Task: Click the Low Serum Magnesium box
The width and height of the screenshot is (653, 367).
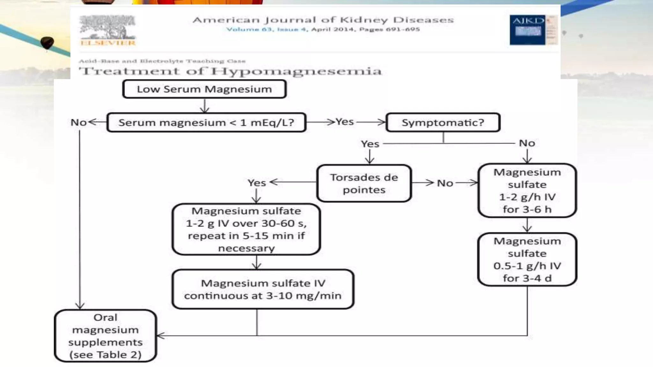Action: click(204, 89)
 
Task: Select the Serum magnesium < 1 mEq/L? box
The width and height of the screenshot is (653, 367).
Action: click(206, 122)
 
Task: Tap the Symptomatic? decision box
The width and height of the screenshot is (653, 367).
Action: click(443, 122)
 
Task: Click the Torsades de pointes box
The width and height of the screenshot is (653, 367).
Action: click(364, 183)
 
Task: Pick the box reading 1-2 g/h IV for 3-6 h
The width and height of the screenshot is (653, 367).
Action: click(527, 191)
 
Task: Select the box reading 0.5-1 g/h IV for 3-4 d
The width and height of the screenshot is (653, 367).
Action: click(527, 259)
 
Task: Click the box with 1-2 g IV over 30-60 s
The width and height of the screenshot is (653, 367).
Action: click(246, 229)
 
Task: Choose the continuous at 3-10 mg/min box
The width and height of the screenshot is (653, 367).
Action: click(263, 289)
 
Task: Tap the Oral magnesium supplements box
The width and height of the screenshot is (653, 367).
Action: click(106, 336)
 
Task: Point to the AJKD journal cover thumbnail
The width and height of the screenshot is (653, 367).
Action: click(533, 30)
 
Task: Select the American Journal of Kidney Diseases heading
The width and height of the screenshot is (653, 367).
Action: click(323, 20)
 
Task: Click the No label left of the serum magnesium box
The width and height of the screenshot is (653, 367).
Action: click(78, 122)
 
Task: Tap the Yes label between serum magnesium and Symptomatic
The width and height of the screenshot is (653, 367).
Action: click(345, 122)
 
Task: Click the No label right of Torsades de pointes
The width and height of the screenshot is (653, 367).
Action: click(445, 183)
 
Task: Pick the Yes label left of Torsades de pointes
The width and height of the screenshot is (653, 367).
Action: click(257, 183)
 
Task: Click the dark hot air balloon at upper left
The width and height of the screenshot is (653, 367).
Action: click(47, 43)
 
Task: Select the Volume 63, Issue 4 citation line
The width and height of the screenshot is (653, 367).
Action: click(323, 29)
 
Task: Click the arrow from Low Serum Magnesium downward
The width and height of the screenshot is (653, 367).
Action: click(204, 106)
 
